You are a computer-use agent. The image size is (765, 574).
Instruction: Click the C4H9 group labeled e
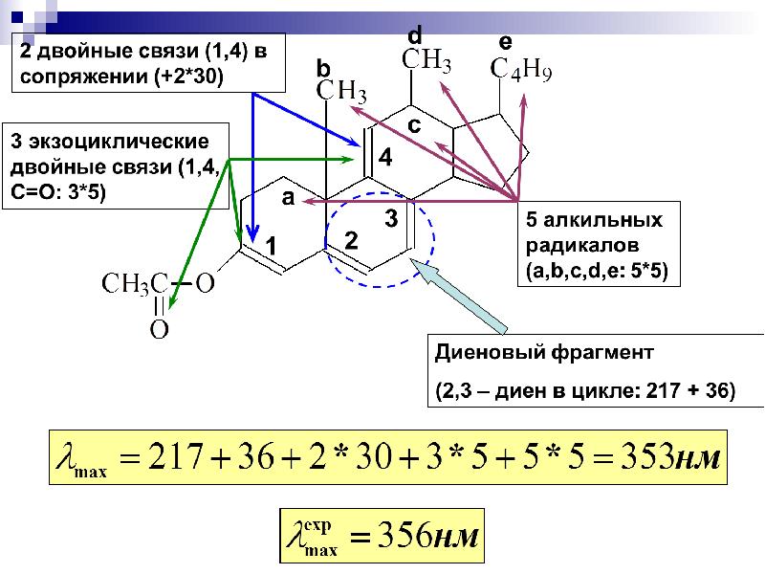520,70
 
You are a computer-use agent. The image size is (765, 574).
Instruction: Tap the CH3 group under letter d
426,60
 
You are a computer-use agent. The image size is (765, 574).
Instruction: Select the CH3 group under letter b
341,91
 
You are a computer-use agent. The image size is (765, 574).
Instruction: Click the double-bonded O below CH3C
159,329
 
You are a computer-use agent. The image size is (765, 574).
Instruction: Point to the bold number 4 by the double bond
385,157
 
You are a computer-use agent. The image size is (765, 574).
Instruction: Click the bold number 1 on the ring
271,246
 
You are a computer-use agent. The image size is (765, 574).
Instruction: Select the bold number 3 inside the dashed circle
391,218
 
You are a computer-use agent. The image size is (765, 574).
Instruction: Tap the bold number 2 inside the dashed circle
351,241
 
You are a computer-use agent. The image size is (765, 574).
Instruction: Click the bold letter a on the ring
289,198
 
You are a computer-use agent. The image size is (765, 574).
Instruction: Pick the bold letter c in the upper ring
414,126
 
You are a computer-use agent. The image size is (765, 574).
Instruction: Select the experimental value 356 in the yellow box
400,536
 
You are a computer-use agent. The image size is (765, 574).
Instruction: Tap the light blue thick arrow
459,296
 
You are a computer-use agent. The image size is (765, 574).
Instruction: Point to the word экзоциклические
119,142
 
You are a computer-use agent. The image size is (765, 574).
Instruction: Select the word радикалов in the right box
582,246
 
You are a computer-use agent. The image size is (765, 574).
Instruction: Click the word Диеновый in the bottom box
488,352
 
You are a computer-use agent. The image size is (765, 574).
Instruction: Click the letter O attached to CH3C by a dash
205,283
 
